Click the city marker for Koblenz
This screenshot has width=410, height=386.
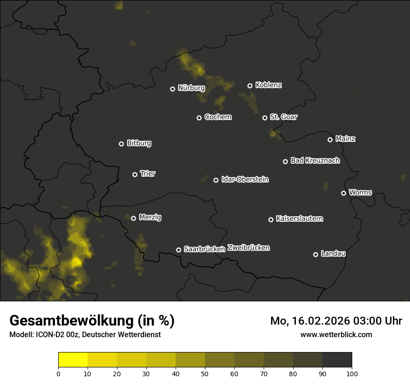[250, 86]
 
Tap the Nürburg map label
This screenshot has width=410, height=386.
[191, 87]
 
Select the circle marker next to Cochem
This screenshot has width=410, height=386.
[199, 118]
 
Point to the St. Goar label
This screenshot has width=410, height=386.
[283, 117]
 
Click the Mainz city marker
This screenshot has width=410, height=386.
[330, 140]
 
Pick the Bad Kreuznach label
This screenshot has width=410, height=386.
[315, 160]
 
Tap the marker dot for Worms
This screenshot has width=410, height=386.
[344, 193]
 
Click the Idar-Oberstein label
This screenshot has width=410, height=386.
[245, 180]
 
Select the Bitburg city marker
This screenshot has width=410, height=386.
[122, 144]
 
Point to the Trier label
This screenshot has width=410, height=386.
[148, 173]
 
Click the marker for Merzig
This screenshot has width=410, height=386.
[134, 218]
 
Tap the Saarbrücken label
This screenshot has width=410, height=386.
[205, 249]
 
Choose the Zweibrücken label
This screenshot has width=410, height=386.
[248, 248]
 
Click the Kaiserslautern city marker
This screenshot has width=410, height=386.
[271, 220]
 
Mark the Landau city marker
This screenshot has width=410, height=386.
[315, 254]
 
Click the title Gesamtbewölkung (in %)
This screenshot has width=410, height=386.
[92, 321]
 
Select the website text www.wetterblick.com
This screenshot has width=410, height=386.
[336, 334]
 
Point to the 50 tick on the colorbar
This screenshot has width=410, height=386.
[205, 373]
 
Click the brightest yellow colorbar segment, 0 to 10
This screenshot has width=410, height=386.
[73, 359]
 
